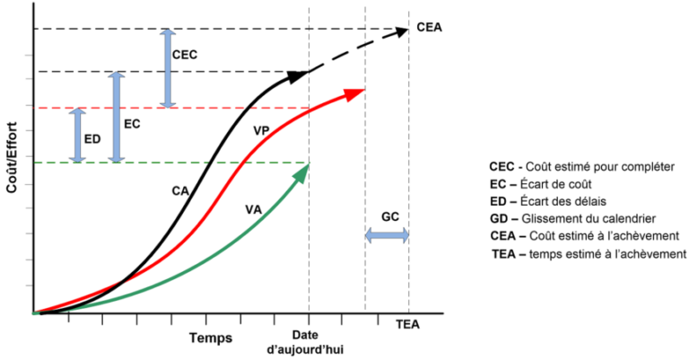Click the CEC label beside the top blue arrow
(185, 55)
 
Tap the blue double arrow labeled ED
(78, 136)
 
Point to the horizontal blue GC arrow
(388, 236)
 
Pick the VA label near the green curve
(252, 209)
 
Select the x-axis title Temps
(211, 338)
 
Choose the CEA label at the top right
(432, 26)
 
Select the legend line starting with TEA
(583, 255)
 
